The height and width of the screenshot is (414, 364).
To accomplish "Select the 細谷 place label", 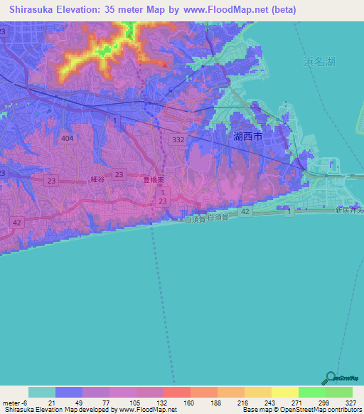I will [x=98, y=180].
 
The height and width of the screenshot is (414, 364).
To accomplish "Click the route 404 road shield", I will [x=68, y=137].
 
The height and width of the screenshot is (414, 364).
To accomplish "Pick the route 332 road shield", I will [x=178, y=141].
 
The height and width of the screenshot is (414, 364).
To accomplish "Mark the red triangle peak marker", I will [x=165, y=65].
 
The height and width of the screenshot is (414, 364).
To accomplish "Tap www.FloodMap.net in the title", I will [x=225, y=10].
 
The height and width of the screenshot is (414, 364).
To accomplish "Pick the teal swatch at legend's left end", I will [x=42, y=392].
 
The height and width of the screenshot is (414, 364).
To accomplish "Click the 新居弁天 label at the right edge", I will [x=349, y=210].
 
